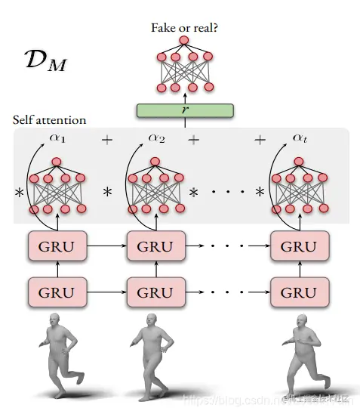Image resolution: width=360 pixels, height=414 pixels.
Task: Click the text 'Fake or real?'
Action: (x=184, y=29)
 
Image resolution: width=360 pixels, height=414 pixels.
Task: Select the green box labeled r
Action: (x=184, y=110)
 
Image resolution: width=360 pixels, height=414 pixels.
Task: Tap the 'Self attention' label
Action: (x=49, y=120)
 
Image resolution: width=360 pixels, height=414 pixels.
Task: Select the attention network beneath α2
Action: (x=157, y=186)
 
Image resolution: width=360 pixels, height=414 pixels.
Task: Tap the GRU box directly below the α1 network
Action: (x=57, y=246)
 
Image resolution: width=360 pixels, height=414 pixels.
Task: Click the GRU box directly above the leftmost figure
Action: (x=57, y=292)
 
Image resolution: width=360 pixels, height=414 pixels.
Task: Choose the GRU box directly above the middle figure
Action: (x=157, y=292)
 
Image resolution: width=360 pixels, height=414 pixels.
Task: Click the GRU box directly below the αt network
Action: (x=300, y=246)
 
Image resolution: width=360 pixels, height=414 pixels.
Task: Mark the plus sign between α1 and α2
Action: (x=107, y=141)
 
